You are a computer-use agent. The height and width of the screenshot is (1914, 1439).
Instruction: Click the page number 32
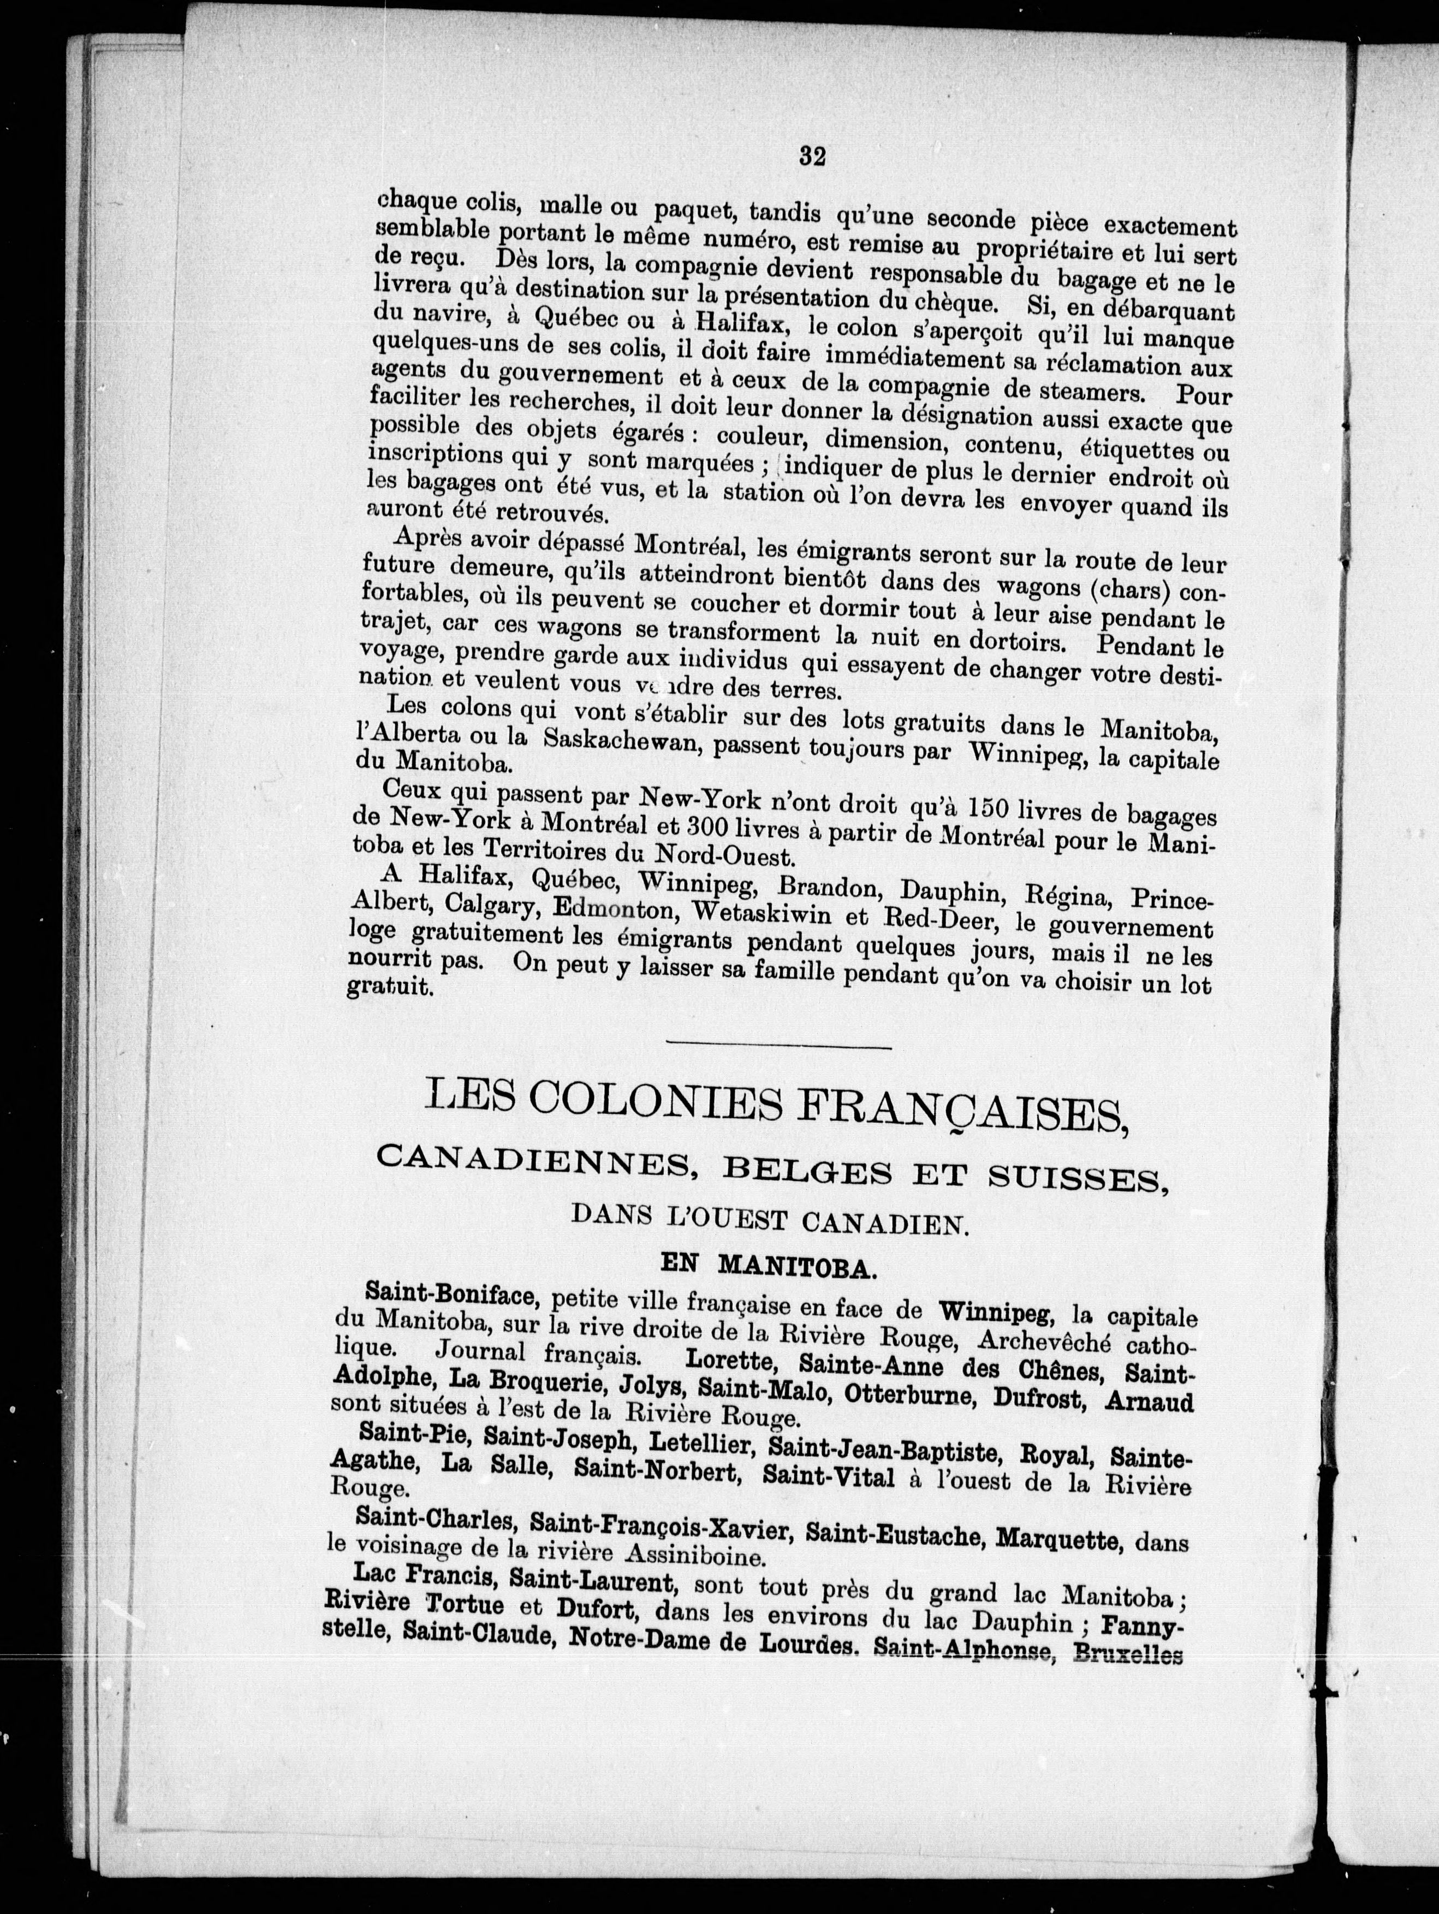[813, 156]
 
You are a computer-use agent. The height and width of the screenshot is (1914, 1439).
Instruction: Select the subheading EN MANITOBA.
[769, 1268]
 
